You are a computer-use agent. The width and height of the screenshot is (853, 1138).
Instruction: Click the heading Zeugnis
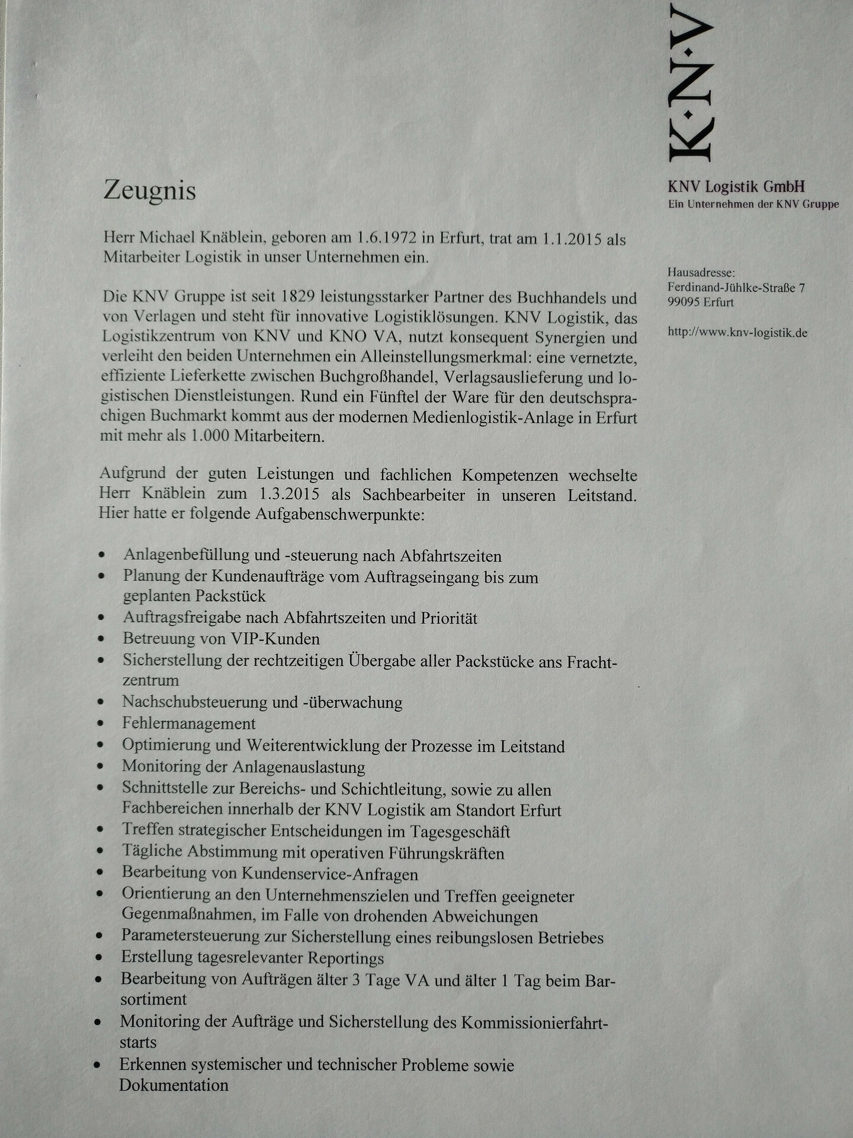(149, 191)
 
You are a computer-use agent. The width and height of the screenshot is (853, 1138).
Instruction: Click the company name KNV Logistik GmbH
(736, 187)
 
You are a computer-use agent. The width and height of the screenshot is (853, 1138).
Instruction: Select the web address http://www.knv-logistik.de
(737, 333)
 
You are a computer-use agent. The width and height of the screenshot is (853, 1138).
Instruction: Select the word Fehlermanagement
(189, 724)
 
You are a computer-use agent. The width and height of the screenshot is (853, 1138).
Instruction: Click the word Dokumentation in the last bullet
(174, 1085)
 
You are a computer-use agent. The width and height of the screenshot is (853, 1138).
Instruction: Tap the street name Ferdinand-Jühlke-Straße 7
(736, 288)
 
